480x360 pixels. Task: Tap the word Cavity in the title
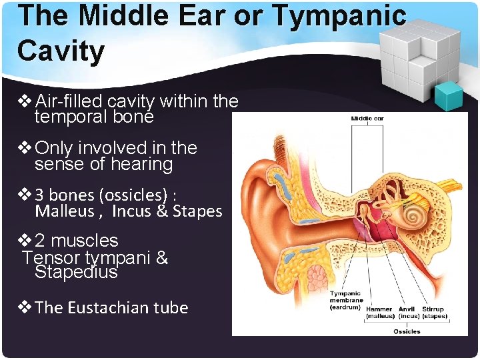tap(61, 51)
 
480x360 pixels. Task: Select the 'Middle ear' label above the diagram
tap(367, 119)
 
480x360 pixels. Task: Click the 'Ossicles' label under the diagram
tap(406, 331)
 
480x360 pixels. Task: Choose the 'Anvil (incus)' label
tap(407, 312)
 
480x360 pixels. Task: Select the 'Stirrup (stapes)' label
tap(434, 312)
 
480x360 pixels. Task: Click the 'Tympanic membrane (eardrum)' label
tap(346, 300)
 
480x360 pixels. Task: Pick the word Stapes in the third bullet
tap(197, 211)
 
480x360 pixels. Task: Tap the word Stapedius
tap(76, 273)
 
